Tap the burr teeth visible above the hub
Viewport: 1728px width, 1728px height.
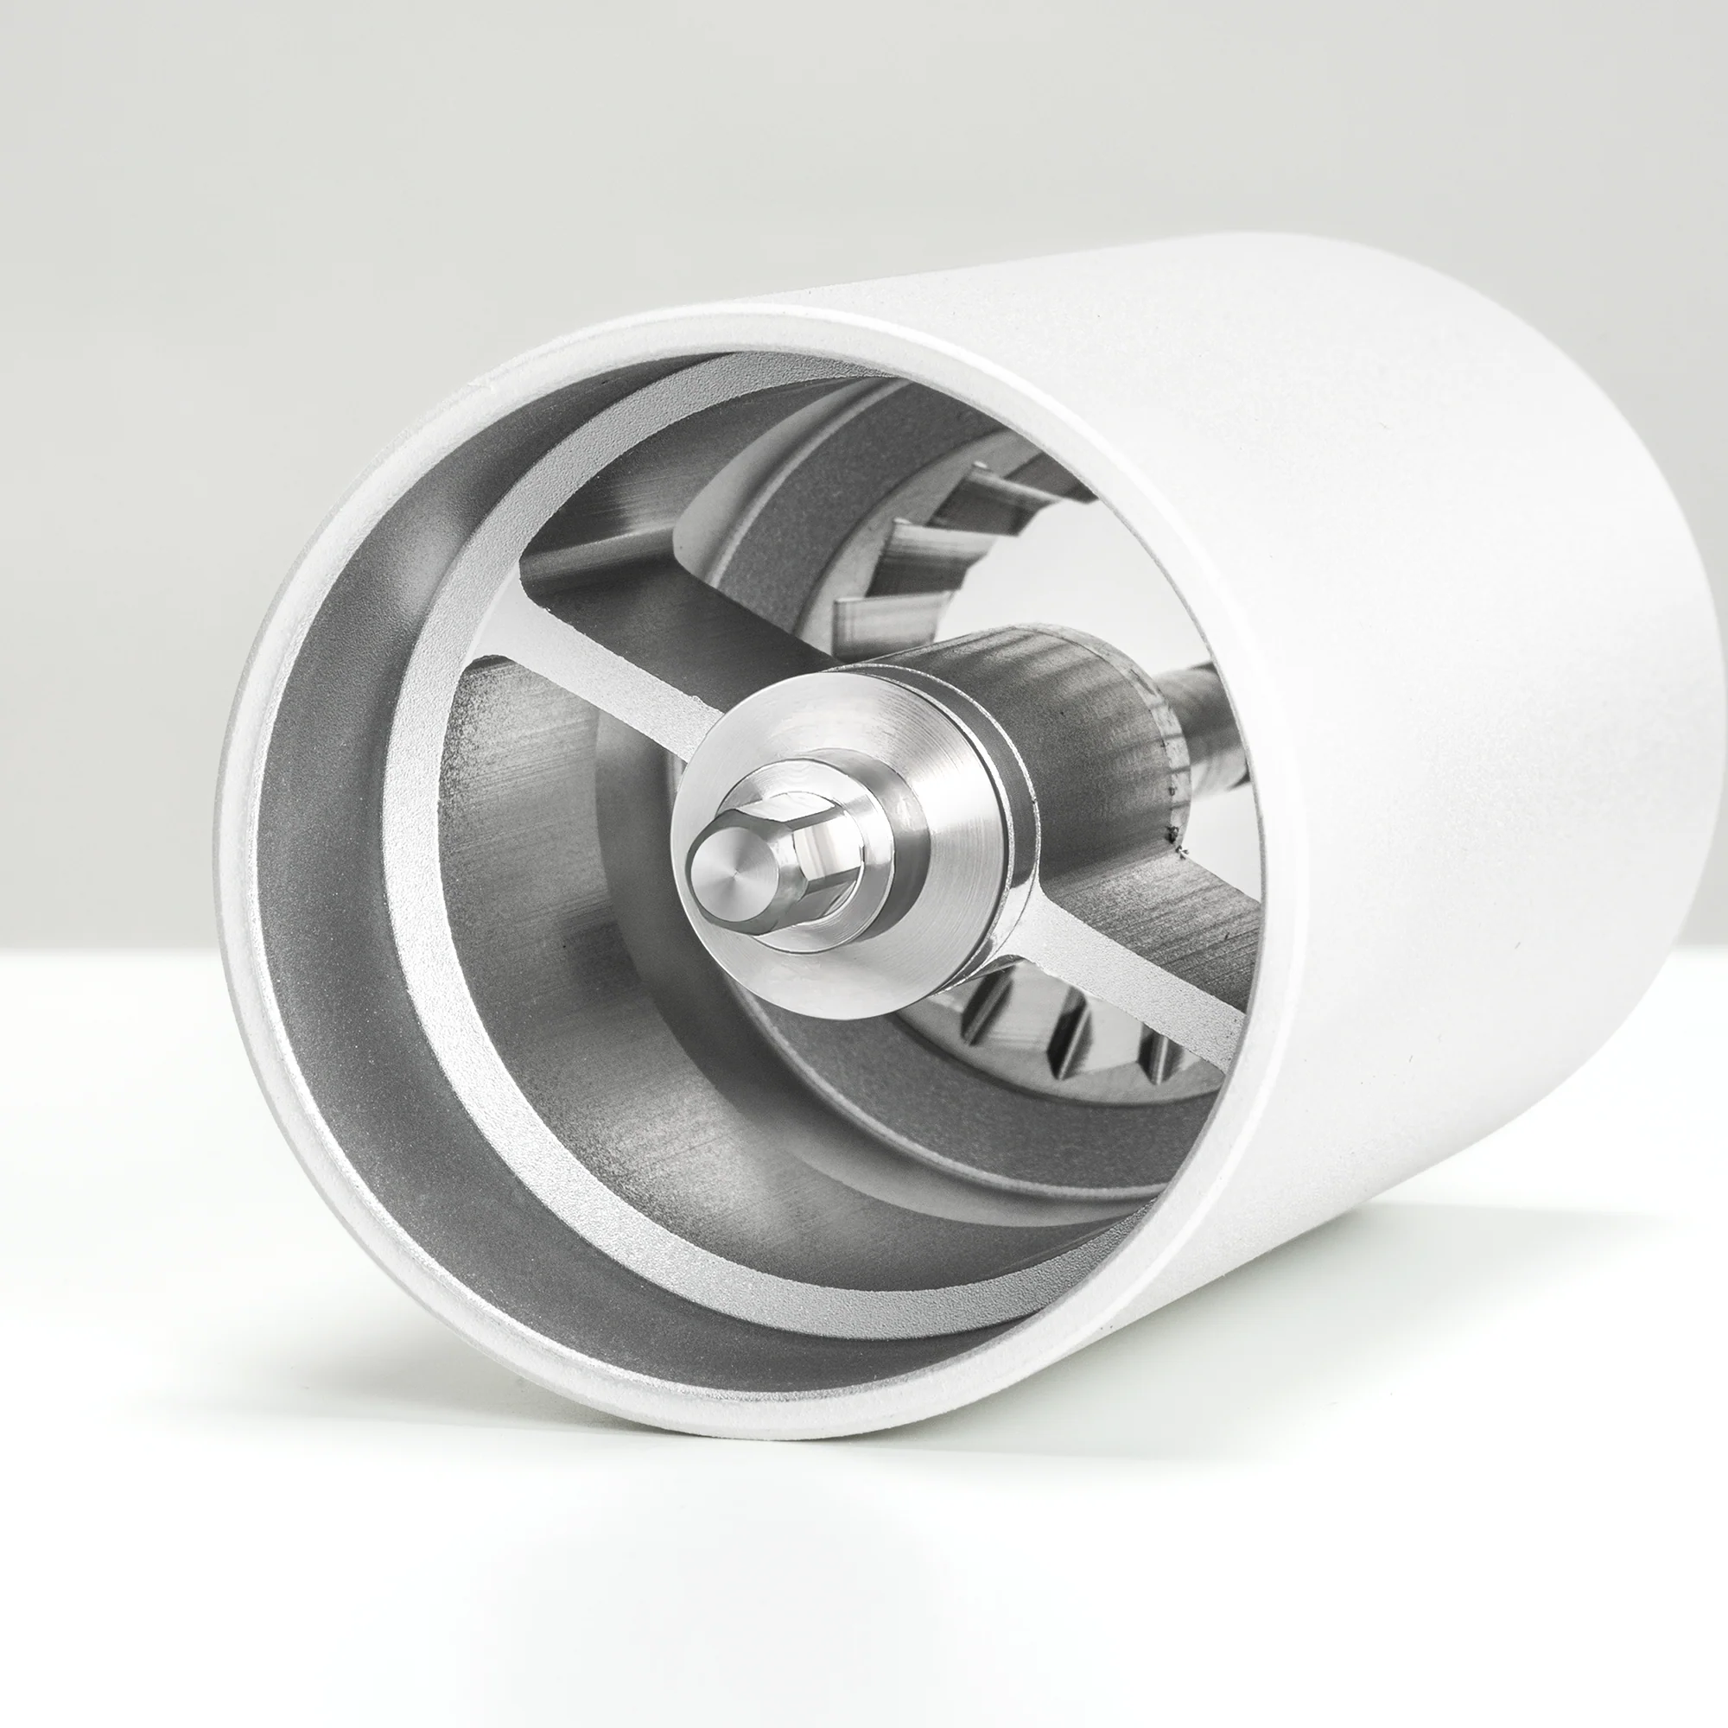[931, 555]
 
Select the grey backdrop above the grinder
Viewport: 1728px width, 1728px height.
[626, 134]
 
